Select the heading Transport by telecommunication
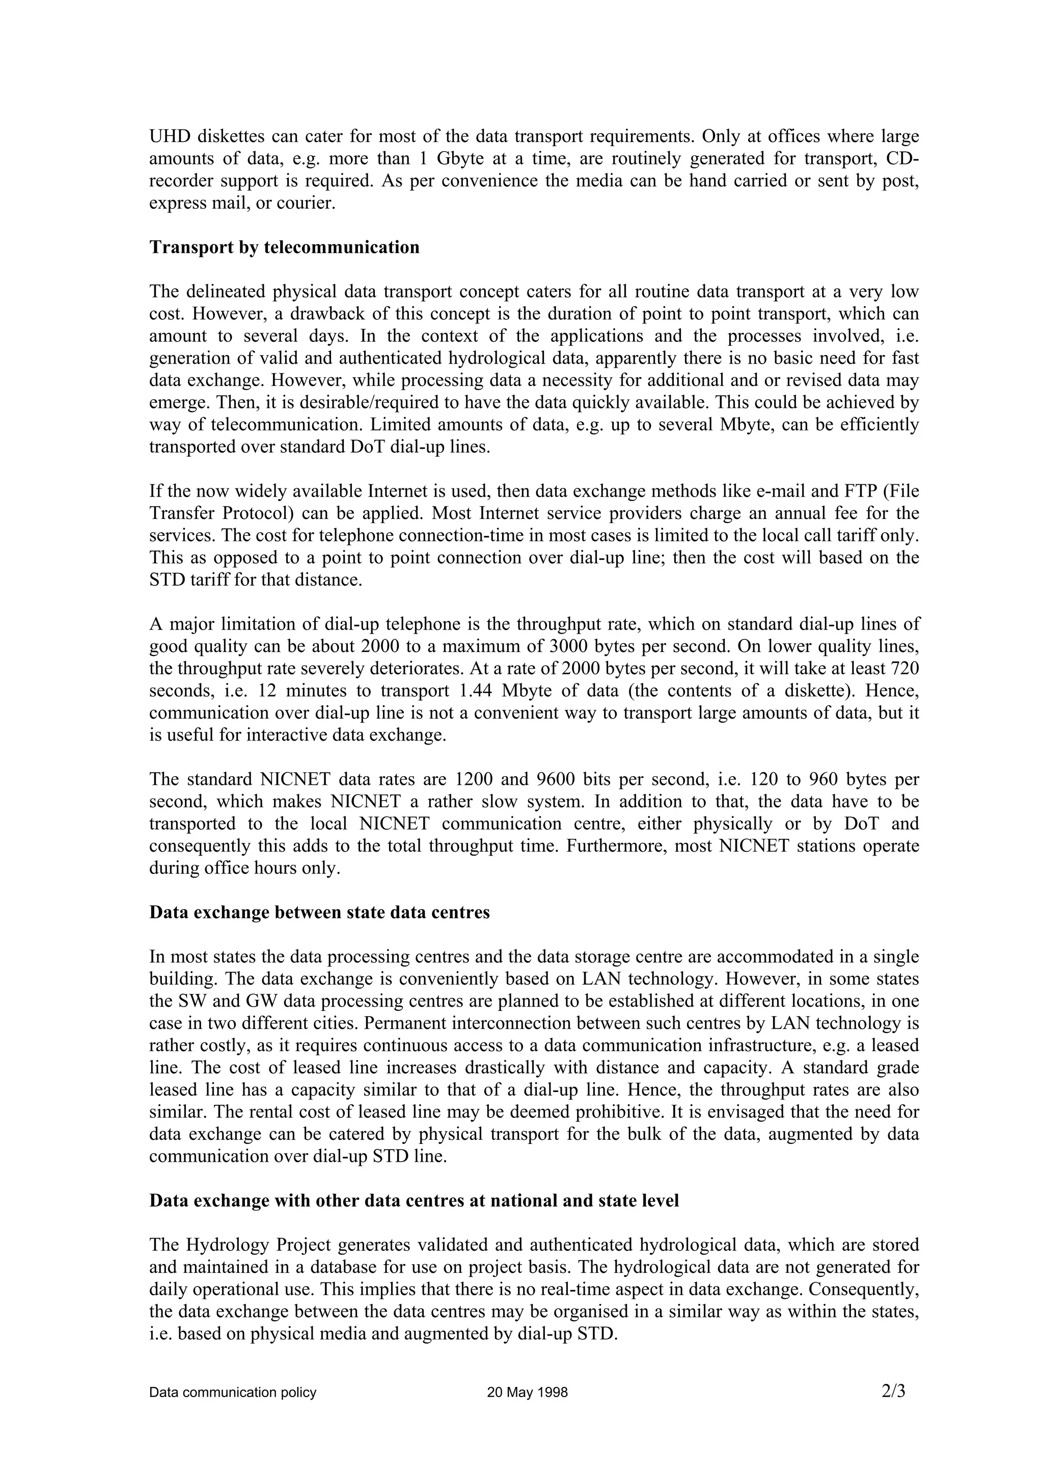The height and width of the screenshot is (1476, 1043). click(x=284, y=248)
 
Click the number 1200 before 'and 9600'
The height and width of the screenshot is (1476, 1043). click(x=474, y=780)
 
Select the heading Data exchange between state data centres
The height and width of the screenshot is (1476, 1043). click(x=319, y=913)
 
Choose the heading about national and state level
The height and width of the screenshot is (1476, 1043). click(x=414, y=1201)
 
